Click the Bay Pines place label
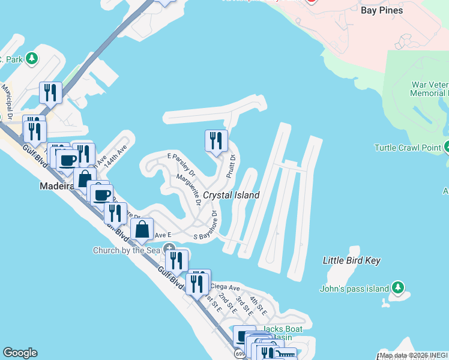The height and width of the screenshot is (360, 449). tap(382, 10)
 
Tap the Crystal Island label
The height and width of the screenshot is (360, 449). tap(231, 195)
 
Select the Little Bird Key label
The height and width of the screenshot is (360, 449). tap(352, 260)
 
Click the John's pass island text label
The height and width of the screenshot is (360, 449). tap(355, 289)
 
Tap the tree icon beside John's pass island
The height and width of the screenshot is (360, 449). tap(397, 289)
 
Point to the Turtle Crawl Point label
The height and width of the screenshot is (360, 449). tap(407, 148)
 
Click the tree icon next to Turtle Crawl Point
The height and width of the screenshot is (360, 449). tap(447, 147)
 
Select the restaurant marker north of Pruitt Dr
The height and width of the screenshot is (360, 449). tap(216, 142)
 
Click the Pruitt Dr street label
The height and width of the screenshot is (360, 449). tap(231, 166)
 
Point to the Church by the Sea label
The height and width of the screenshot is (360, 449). tap(127, 250)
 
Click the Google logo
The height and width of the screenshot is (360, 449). tap(20, 353)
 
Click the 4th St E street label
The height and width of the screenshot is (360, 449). tap(258, 307)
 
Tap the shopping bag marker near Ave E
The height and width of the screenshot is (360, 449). tap(142, 229)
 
